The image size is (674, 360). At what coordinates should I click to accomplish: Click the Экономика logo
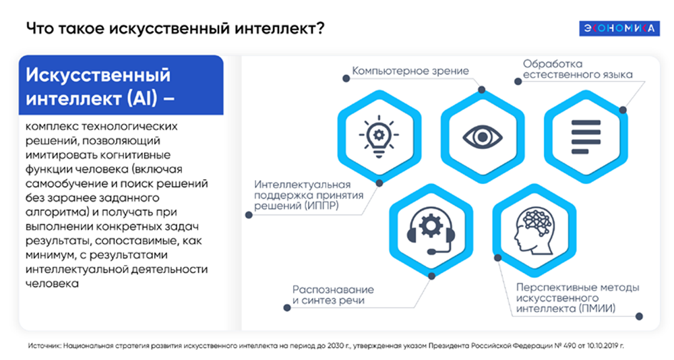pyautogui.click(x=619, y=28)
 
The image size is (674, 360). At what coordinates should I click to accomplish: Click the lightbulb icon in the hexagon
pyautogui.click(x=379, y=136)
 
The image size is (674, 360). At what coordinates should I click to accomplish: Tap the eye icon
pyautogui.click(x=483, y=137)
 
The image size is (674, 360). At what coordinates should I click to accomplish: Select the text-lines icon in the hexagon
pyautogui.click(x=586, y=137)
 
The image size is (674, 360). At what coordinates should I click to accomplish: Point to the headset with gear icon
pyautogui.click(x=431, y=231)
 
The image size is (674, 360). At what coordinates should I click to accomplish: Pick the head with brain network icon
pyautogui.click(x=534, y=230)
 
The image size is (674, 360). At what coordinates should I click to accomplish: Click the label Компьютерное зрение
pyautogui.click(x=410, y=71)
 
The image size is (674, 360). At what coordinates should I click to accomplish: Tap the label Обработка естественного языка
pyautogui.click(x=578, y=69)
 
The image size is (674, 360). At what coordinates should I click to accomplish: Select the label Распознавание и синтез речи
pyautogui.click(x=333, y=295)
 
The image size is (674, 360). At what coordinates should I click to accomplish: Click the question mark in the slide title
pyautogui.click(x=320, y=28)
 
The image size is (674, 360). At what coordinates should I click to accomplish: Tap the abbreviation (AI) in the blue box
pyautogui.click(x=142, y=98)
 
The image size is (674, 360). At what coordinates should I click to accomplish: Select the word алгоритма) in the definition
pyautogui.click(x=54, y=212)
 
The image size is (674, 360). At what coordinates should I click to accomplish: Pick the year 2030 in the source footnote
pyautogui.click(x=335, y=346)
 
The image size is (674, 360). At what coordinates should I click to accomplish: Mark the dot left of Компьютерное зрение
pyautogui.click(x=346, y=78)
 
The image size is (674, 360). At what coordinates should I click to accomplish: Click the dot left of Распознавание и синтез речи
pyautogui.click(x=287, y=307)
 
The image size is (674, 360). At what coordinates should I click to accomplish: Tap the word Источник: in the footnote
pyautogui.click(x=44, y=346)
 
